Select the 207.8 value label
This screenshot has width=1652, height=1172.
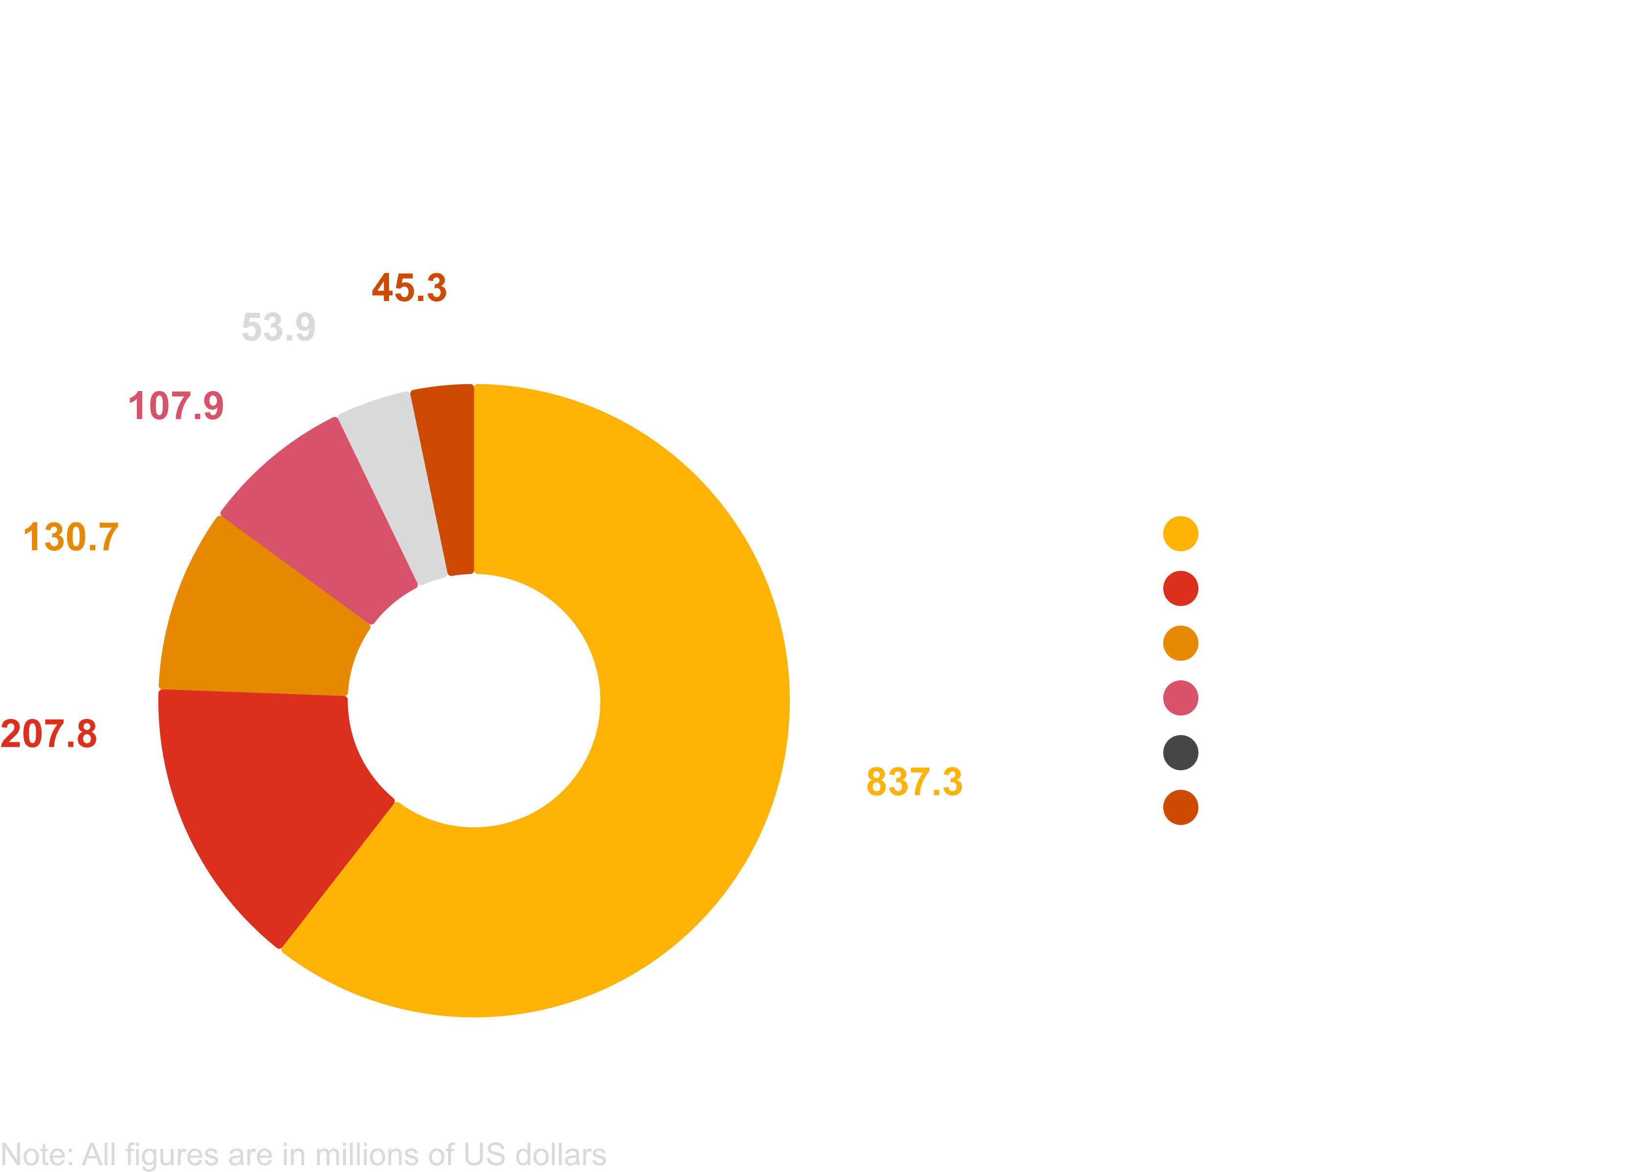48,734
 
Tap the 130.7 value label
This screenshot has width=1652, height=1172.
71,538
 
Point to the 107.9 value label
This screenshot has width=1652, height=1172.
175,406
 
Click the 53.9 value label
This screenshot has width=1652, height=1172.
278,327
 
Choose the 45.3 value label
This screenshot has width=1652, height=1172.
409,288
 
